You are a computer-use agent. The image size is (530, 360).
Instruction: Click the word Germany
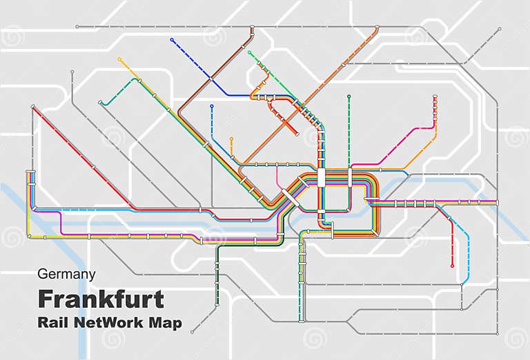[x=66, y=274]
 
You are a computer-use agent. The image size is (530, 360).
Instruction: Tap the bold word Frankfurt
[x=101, y=299]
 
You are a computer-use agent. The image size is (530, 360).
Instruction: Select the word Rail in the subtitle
[x=53, y=323]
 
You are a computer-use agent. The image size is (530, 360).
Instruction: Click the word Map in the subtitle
[x=165, y=323]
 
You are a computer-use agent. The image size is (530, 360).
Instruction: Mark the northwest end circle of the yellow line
[x=119, y=59]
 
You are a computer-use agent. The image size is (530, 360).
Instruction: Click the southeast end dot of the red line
[x=452, y=266]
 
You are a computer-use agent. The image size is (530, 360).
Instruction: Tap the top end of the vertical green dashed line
[x=349, y=97]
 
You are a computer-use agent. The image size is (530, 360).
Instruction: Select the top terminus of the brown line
[x=252, y=28]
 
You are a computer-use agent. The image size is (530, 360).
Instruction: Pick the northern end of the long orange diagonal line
[x=377, y=28]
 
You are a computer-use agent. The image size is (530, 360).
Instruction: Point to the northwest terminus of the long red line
[x=32, y=107]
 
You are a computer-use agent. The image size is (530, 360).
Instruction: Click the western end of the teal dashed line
[x=101, y=103]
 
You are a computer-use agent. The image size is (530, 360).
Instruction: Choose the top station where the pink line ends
[x=435, y=97]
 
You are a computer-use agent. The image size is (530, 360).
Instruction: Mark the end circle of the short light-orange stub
[x=231, y=139]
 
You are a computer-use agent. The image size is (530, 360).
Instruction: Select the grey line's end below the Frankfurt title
[x=192, y=333]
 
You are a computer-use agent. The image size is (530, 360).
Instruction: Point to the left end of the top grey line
[x=76, y=27]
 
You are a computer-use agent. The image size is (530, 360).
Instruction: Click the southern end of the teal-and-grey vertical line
[x=302, y=321]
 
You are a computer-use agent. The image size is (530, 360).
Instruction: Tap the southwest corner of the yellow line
[x=29, y=237]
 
